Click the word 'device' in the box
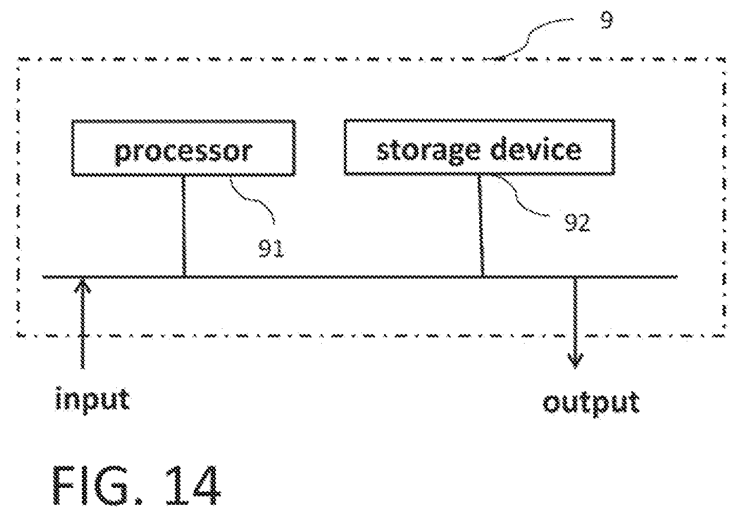(536, 150)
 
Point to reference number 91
(272, 248)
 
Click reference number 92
(577, 223)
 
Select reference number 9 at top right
(607, 21)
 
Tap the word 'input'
(92, 399)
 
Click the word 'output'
(591, 403)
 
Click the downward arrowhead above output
(575, 361)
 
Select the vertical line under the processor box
(184, 226)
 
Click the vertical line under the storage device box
(481, 226)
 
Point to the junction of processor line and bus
(184, 277)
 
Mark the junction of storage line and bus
(482, 277)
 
